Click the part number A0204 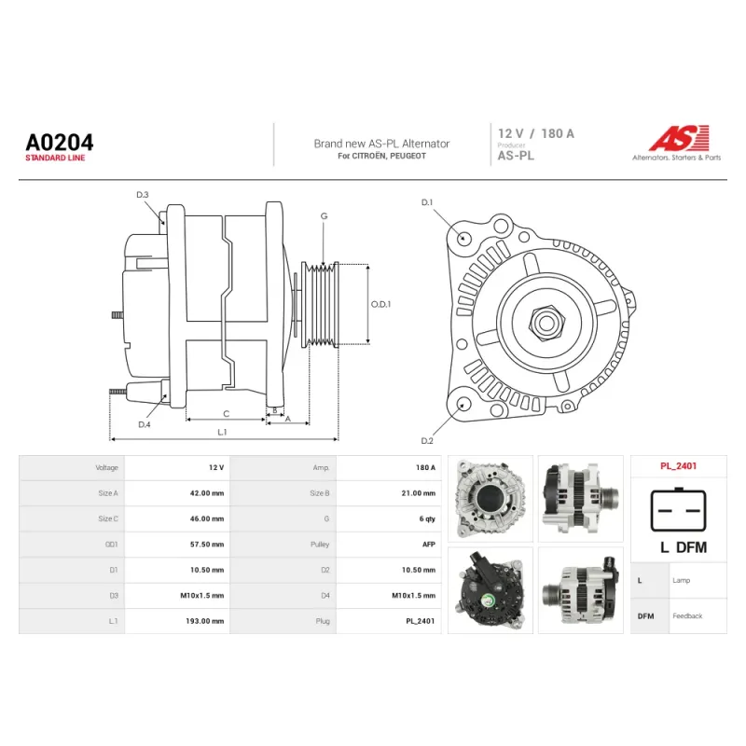point(60,143)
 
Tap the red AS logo point(680,138)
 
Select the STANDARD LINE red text point(55,158)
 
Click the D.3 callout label point(143,195)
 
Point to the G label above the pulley point(324,216)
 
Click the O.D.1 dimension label point(380,304)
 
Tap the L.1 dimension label point(222,432)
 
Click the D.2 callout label point(427,441)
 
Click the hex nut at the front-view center point(546,322)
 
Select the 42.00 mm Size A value point(207,493)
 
